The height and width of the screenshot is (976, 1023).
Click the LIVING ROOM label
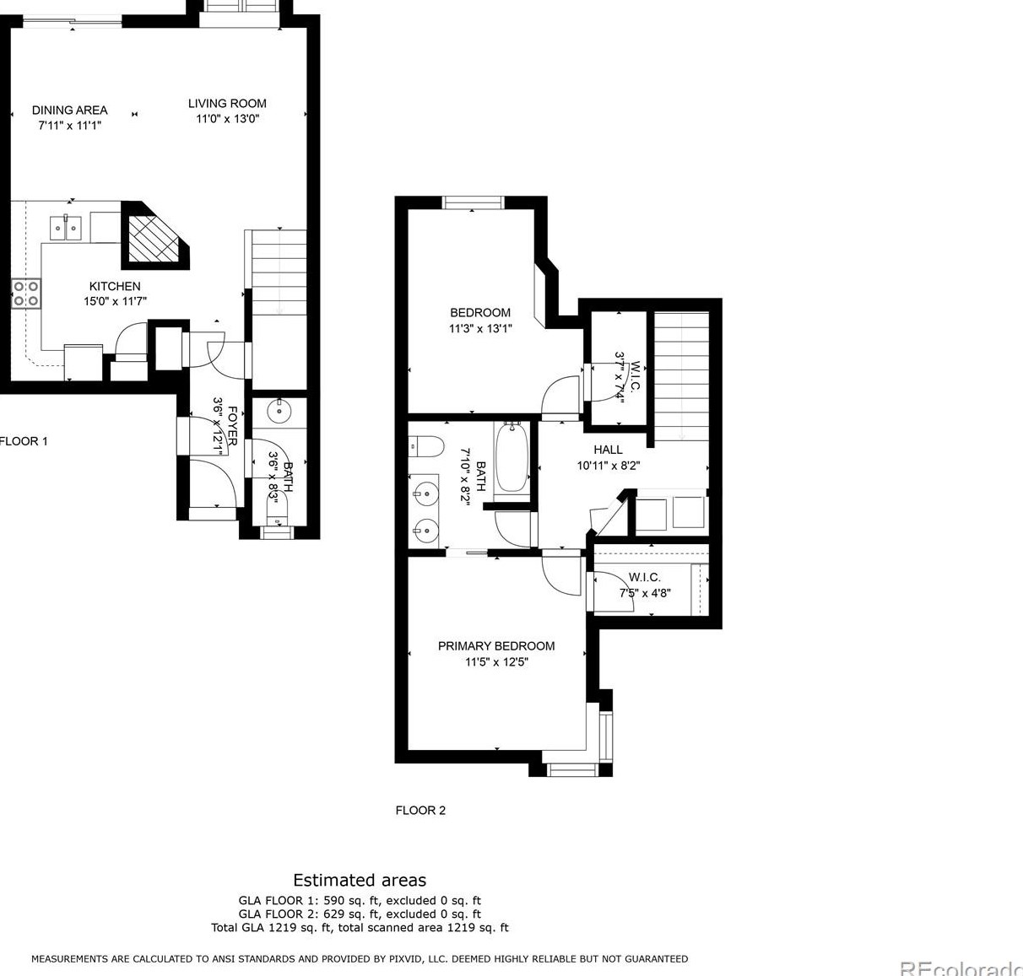(227, 104)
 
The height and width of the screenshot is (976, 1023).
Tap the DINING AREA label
(70, 111)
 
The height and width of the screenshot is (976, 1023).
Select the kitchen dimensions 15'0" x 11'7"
(115, 301)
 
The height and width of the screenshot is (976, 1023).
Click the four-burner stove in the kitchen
(26, 294)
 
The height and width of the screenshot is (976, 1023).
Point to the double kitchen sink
(66, 229)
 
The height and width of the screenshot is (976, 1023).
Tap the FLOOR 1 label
(24, 441)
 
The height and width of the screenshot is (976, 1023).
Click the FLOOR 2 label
(420, 810)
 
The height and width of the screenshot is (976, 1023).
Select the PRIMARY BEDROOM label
(496, 646)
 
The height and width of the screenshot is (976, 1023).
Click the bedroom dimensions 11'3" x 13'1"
(480, 329)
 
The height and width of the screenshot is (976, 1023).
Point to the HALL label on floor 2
(608, 450)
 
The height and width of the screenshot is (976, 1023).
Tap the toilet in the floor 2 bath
(426, 446)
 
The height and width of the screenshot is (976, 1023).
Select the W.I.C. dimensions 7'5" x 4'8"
(645, 592)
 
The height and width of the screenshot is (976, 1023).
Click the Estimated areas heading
(360, 881)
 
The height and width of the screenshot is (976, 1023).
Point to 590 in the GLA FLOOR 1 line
(334, 901)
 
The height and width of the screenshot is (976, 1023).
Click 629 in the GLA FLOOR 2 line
(334, 914)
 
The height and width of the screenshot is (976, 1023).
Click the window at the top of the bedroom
(473, 202)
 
